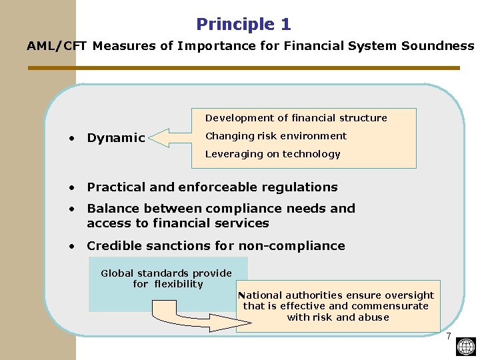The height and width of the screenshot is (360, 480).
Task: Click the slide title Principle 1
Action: click(x=243, y=25)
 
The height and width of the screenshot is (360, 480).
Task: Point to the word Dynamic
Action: click(x=116, y=138)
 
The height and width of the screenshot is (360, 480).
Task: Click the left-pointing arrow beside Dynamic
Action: click(x=171, y=137)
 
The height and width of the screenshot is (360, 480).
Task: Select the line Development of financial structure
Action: click(x=296, y=118)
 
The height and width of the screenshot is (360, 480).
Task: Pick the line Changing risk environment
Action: click(x=276, y=136)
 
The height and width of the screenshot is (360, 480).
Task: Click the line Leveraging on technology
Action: click(x=273, y=154)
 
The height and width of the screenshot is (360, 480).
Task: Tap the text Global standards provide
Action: click(x=166, y=273)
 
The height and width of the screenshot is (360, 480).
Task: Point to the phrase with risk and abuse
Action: click(x=338, y=317)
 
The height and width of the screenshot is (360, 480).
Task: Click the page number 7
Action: click(x=449, y=335)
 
